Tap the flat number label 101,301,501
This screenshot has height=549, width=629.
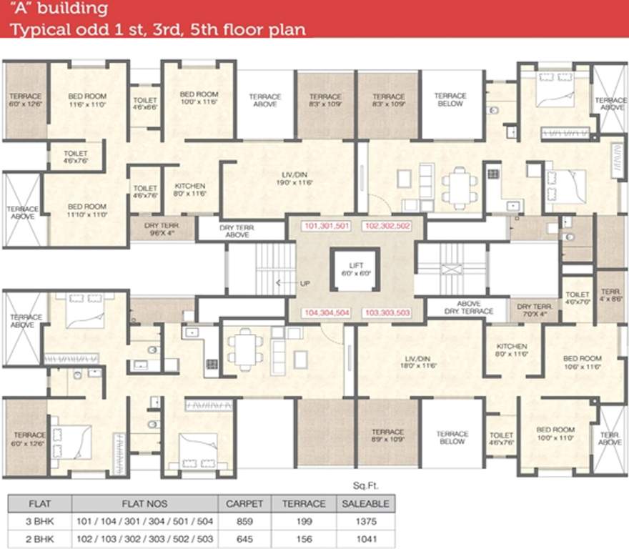click(326, 226)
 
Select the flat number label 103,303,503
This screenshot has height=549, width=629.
click(387, 313)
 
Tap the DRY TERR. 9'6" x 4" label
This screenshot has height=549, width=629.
click(161, 228)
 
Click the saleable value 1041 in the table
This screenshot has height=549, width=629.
click(365, 540)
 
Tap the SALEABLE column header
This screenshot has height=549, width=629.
click(365, 503)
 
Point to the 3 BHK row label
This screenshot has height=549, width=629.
click(39, 522)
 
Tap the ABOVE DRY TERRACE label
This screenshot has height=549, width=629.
click(466, 307)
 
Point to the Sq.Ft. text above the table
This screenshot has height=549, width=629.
click(365, 485)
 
